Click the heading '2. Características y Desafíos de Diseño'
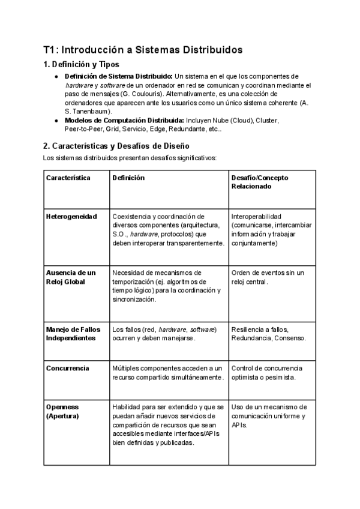click(x=116, y=146)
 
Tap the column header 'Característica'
click(x=68, y=178)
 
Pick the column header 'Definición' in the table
click(x=128, y=178)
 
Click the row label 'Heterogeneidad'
click(x=71, y=217)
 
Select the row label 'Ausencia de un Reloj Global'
click(x=71, y=277)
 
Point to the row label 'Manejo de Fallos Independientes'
click(x=73, y=334)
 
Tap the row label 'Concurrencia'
click(x=68, y=368)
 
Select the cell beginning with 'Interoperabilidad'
click(x=271, y=230)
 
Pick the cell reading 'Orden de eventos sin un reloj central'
click(x=268, y=277)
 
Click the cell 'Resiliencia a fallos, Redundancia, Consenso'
click(x=268, y=334)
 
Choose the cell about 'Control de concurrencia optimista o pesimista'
click(x=267, y=372)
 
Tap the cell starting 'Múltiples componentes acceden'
click(x=168, y=372)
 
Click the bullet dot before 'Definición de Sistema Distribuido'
click(x=56, y=77)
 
